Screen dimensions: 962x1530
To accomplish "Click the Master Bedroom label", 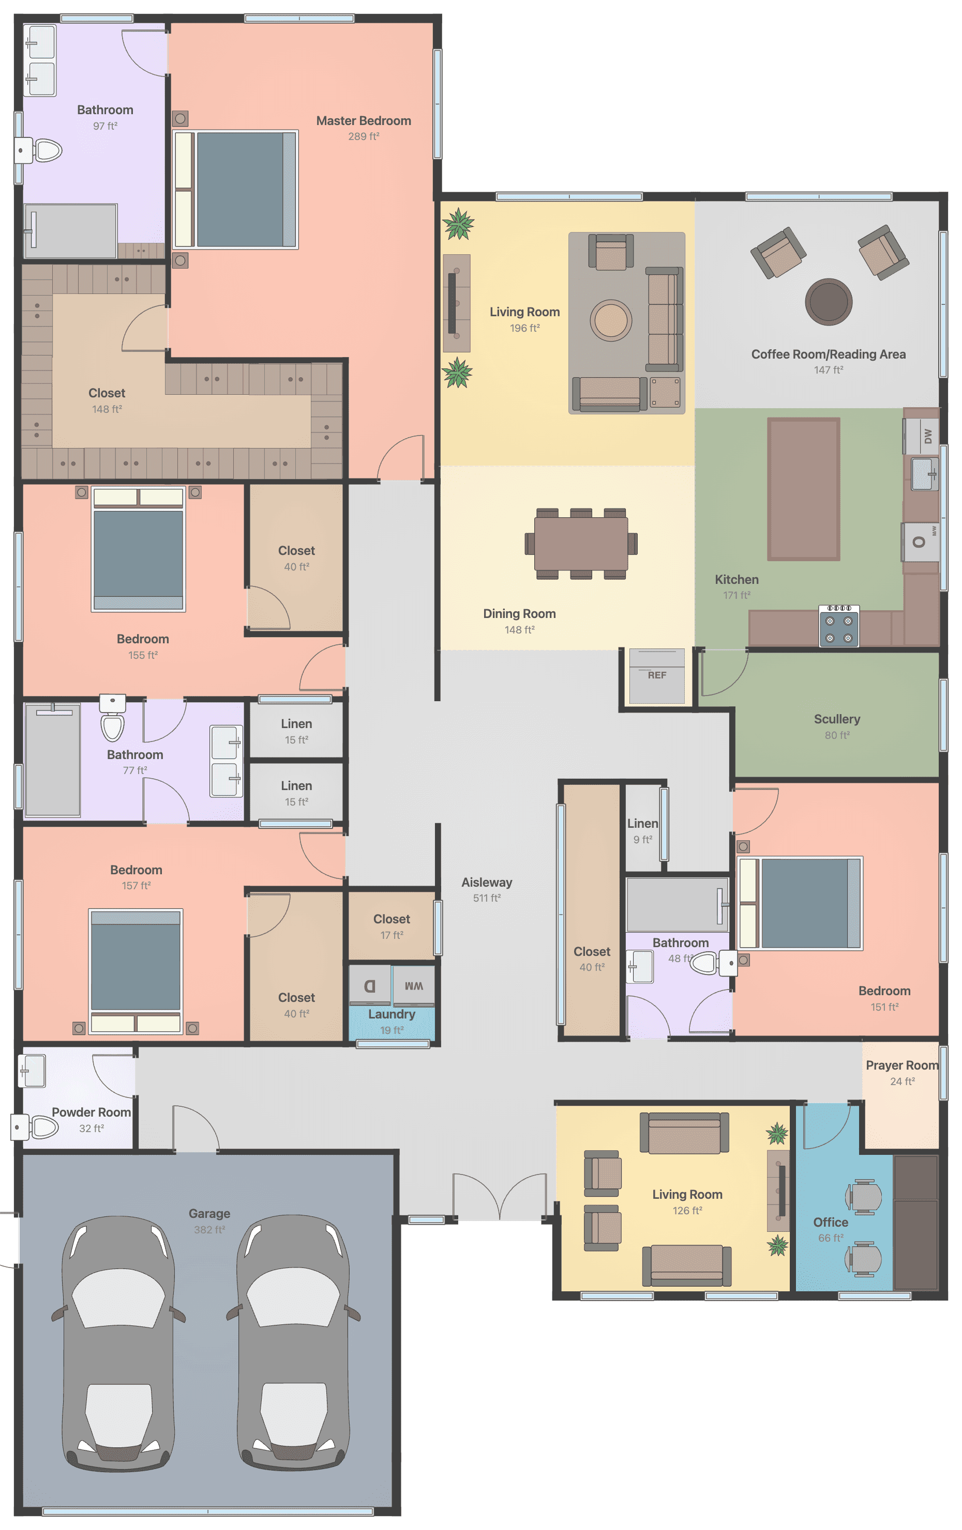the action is [363, 121].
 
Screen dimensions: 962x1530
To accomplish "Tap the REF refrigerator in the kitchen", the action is [657, 675].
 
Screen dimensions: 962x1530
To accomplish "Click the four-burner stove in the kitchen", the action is [839, 625].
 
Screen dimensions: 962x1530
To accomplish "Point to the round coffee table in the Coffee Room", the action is [828, 302].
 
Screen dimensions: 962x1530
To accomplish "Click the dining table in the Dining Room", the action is [580, 543].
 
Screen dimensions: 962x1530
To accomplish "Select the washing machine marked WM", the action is [413, 985].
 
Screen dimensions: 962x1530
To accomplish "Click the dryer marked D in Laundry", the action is [369, 985].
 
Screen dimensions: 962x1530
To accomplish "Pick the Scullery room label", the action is [837, 719].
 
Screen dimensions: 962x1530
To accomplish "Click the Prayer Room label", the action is [901, 1065].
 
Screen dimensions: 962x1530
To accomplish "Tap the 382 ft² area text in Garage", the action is [209, 1229].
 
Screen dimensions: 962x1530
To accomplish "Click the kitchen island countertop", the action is [804, 489].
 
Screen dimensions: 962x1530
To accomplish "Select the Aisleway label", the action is [486, 882].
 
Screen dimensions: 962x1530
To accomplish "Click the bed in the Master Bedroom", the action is [235, 189].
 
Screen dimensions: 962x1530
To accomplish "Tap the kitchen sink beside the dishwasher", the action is [924, 474].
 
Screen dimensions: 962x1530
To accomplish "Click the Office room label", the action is [831, 1222].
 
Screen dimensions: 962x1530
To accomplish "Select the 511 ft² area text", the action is [486, 898].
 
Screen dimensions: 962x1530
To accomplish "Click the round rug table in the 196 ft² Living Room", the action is [610, 320].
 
